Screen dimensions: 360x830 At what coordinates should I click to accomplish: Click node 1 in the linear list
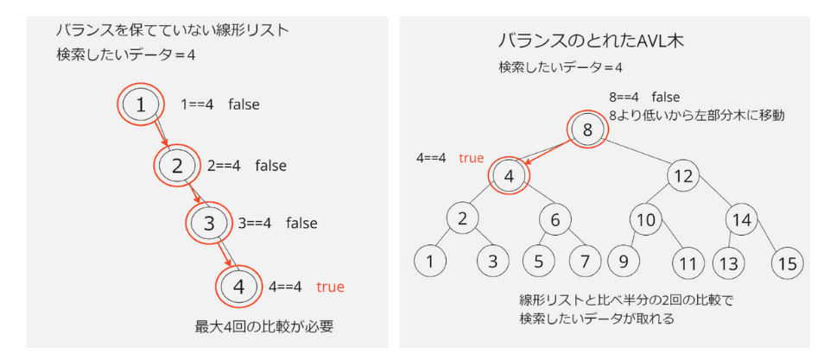140,104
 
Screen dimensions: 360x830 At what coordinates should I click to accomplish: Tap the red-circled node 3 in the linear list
208,223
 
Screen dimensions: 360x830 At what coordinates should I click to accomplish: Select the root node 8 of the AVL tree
587,131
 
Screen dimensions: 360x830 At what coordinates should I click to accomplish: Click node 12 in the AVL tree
683,175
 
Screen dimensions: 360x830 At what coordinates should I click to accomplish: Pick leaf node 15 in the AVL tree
786,262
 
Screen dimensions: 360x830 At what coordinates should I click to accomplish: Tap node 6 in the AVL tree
556,219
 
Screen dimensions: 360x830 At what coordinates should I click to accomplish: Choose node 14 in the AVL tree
742,219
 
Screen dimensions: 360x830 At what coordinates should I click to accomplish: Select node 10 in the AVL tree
646,219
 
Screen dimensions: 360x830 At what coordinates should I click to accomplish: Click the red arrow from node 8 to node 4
551,153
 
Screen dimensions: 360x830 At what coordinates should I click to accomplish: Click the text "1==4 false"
219,104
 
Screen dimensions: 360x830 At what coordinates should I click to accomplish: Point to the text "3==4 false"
277,223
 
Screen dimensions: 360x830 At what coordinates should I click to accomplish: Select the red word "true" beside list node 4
331,286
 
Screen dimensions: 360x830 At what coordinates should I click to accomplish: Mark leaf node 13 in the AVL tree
729,262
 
